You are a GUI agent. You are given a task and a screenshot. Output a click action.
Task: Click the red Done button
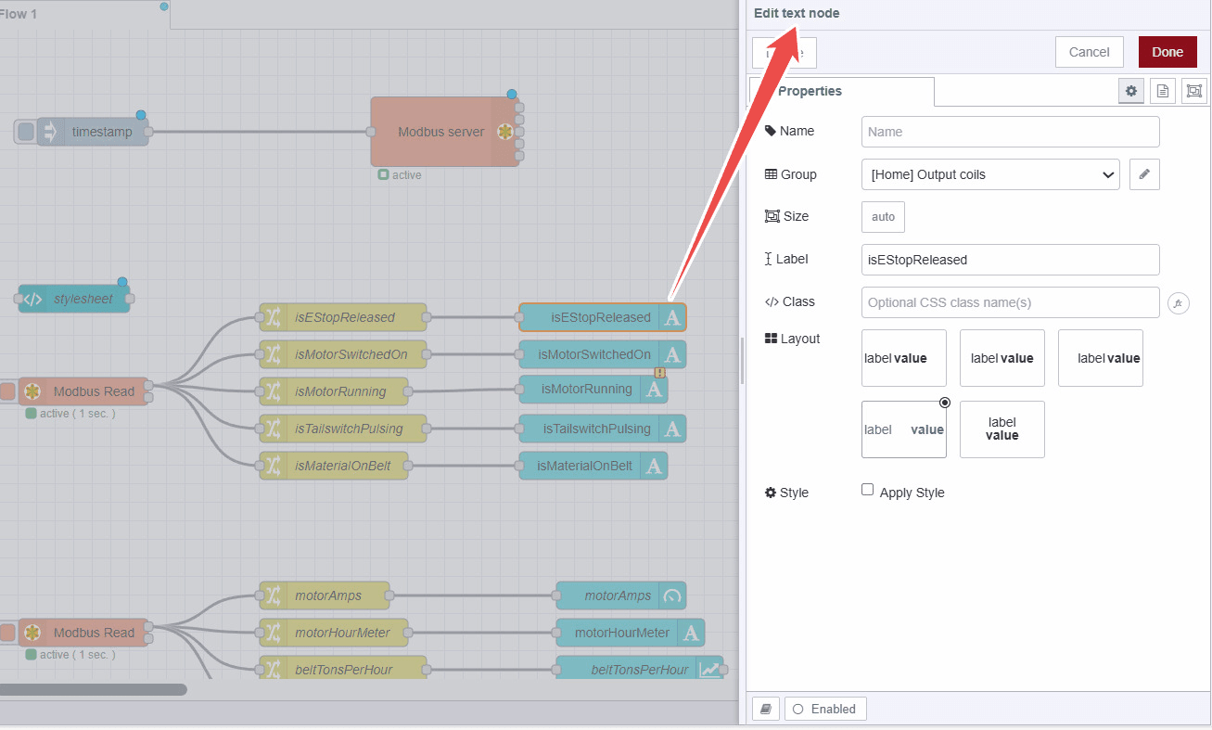click(x=1167, y=52)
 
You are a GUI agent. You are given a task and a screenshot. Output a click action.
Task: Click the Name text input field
click(x=1010, y=132)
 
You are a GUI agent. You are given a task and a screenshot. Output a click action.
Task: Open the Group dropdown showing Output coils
click(x=989, y=174)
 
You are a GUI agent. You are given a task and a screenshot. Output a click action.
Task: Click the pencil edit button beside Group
click(x=1144, y=174)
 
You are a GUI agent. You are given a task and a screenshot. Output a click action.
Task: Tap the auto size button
click(x=883, y=216)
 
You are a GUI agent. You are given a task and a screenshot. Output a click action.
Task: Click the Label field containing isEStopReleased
click(x=1010, y=260)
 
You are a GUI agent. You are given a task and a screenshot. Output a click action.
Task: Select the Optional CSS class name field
click(x=1010, y=302)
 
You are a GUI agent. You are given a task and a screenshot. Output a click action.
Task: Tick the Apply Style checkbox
click(x=868, y=490)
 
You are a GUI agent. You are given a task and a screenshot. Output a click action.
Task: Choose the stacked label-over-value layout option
click(x=1001, y=429)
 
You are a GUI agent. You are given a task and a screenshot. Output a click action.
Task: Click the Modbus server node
click(x=441, y=132)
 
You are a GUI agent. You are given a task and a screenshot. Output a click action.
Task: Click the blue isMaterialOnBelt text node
click(x=585, y=466)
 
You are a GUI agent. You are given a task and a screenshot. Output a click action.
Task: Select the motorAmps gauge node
click(x=618, y=596)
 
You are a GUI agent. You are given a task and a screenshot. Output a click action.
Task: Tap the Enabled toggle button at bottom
click(x=824, y=709)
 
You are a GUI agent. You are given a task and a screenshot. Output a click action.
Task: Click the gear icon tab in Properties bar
click(x=1130, y=91)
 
